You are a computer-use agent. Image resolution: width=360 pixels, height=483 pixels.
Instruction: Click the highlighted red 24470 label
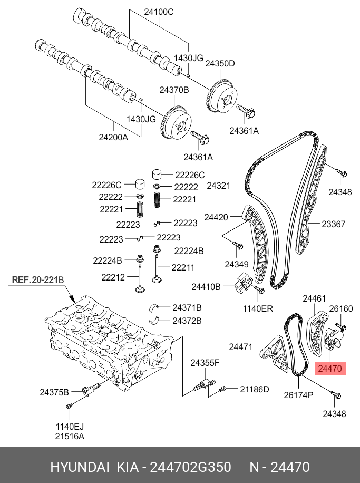tap(330, 368)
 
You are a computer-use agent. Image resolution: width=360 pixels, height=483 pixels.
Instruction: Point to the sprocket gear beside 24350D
tap(222, 96)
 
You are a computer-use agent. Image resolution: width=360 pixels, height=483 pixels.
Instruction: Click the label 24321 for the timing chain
tap(219, 186)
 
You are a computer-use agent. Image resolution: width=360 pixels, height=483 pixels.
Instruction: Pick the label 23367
tap(334, 224)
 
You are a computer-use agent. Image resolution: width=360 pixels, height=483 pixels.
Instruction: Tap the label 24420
tap(216, 217)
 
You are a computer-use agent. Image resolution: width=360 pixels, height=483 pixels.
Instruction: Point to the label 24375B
tap(54, 392)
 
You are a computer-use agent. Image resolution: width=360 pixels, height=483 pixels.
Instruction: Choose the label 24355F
tap(205, 362)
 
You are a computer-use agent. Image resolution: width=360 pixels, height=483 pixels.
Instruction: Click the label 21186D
tap(255, 389)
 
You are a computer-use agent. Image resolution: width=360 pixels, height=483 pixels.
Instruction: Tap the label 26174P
tap(298, 394)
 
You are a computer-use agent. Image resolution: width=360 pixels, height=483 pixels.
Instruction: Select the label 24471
tap(242, 346)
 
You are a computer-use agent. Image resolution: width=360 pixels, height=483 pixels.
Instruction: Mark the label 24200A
tap(113, 138)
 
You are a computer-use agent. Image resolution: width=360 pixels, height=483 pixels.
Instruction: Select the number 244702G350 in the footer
tap(190, 468)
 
